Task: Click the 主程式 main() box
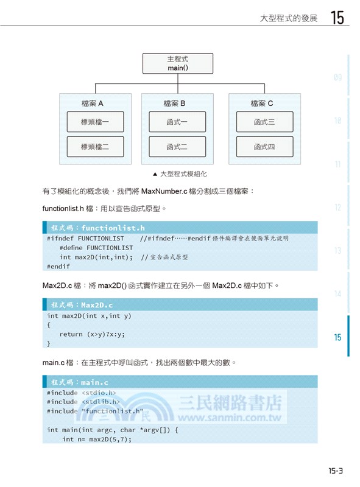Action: tap(178, 63)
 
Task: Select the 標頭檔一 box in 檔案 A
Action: tap(95, 122)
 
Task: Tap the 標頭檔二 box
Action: tap(95, 147)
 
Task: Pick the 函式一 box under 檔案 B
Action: tap(177, 122)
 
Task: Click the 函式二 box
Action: tap(177, 147)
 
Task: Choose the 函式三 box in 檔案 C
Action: tap(264, 122)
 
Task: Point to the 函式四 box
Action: tap(264, 147)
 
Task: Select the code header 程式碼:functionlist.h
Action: tap(97, 228)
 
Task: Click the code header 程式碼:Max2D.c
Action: tap(82, 304)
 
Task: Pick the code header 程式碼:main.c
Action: tap(79, 382)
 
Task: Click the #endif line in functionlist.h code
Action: tap(58, 266)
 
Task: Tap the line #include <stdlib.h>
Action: tap(83, 402)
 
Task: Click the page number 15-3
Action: tap(336, 471)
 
